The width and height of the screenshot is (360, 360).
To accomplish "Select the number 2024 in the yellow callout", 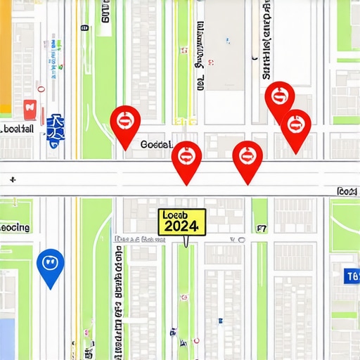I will coord(181,226).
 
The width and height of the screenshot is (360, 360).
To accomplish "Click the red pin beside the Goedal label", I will coord(125,122).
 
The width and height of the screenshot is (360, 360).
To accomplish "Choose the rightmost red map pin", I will coord(296,127).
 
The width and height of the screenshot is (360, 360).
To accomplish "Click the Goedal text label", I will coord(156,144).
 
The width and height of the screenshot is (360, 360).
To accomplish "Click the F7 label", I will coord(262,229).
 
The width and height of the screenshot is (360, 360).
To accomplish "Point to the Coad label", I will coord(347,191).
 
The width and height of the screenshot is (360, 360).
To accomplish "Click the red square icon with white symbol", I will coord(30,108).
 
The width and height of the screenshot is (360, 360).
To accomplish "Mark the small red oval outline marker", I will coord(42,89).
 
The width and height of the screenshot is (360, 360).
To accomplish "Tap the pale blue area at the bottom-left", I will coord(7,337).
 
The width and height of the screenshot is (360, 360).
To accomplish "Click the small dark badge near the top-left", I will coord(85,28).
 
